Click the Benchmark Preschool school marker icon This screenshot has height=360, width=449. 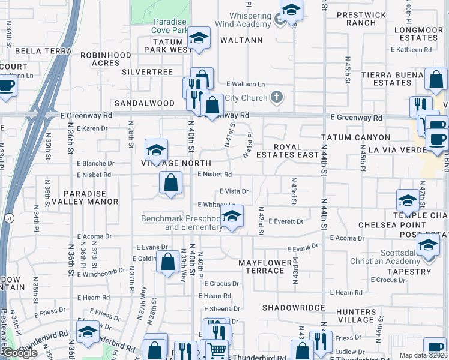tap(231, 217)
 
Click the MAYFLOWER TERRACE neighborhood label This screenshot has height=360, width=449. tap(261, 267)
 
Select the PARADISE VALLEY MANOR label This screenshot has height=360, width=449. tap(91, 198)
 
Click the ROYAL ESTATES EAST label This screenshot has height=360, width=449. tap(295, 151)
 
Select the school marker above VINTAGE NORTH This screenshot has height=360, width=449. tap(156, 149)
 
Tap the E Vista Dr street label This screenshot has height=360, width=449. tap(234, 191)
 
